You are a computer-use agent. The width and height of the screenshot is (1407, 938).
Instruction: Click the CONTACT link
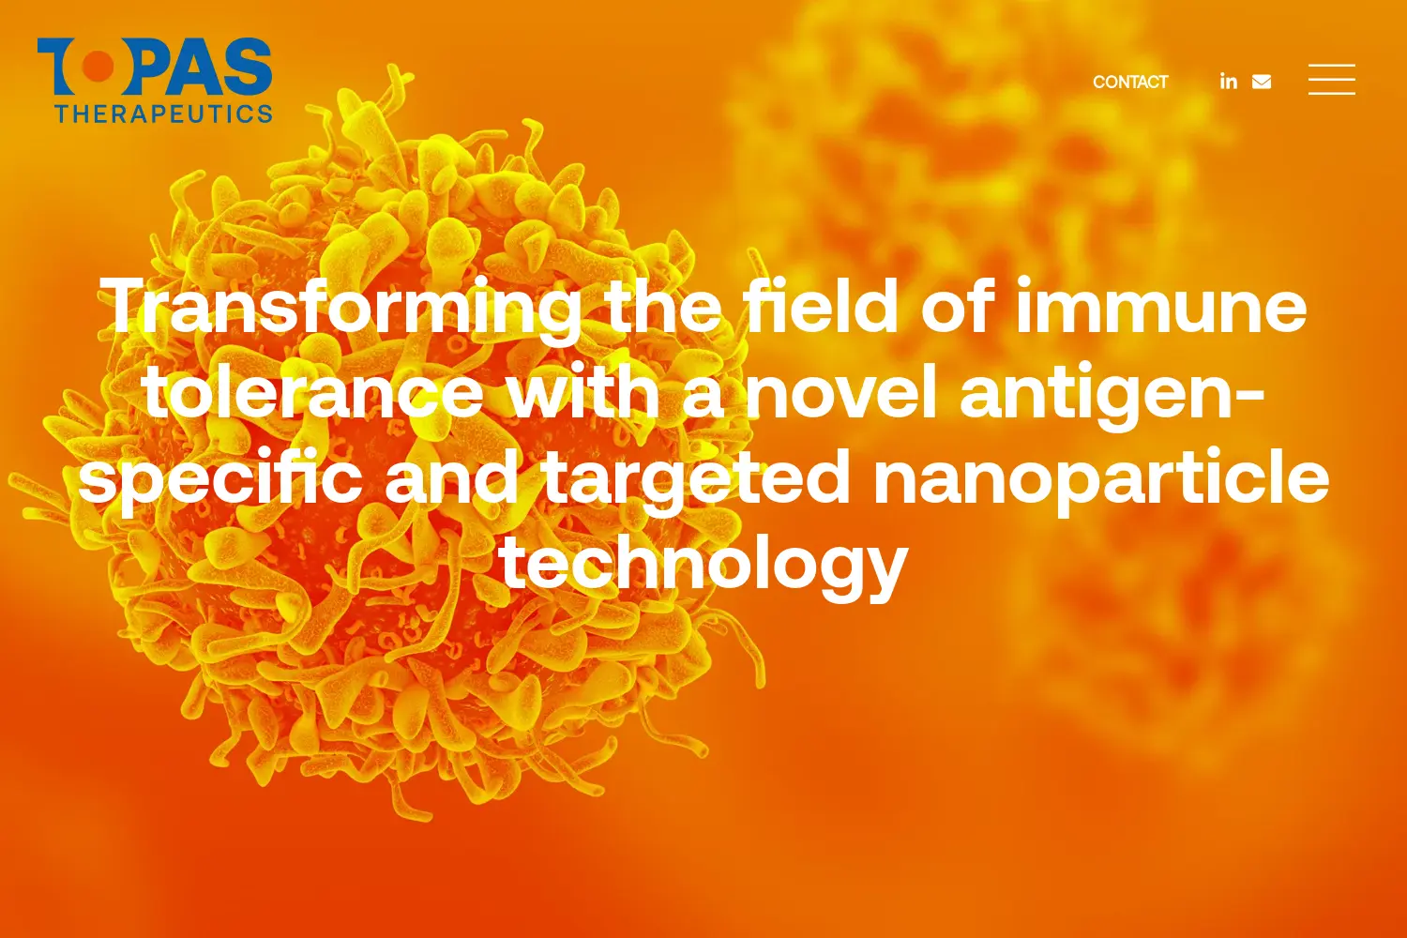(1130, 83)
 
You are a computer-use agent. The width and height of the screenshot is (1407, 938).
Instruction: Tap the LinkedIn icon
(1229, 82)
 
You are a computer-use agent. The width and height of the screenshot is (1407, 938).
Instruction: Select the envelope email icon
(1262, 82)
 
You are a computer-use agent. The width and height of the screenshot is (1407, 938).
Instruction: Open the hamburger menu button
(1332, 79)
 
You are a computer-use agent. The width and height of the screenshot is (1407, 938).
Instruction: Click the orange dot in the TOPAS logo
(98, 67)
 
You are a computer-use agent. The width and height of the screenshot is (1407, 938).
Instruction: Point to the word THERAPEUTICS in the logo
(163, 113)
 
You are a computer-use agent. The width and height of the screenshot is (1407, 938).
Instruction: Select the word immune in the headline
(1161, 305)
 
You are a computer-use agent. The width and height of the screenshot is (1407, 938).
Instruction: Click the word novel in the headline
(840, 390)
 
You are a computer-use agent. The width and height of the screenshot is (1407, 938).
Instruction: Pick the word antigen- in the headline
(1112, 394)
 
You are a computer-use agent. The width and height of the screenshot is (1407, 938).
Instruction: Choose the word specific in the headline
(220, 478)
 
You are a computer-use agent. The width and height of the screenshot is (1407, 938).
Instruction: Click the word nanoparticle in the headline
(1101, 478)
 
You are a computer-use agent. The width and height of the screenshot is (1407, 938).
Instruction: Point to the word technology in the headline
(703, 565)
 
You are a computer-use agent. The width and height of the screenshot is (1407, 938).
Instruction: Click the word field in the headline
(822, 305)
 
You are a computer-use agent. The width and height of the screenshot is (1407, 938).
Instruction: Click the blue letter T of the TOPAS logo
(59, 66)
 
